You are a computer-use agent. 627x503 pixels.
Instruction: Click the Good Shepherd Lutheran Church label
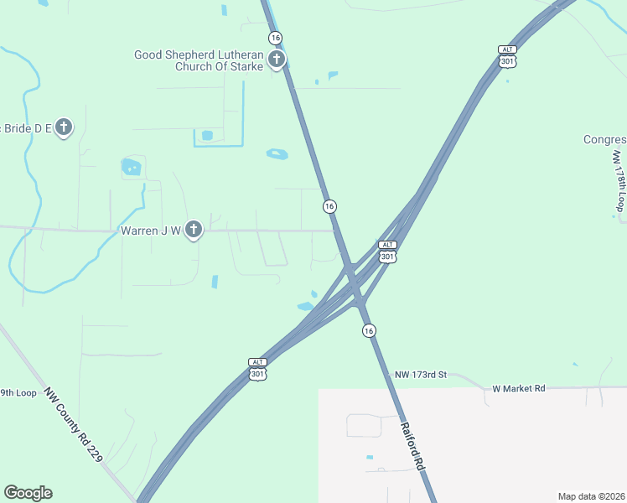tap(199, 60)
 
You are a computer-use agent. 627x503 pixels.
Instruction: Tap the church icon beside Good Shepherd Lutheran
tap(277, 60)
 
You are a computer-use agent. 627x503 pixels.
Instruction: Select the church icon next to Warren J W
tap(194, 230)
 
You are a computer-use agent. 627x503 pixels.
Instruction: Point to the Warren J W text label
tap(151, 231)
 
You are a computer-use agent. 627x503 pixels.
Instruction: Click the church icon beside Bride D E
tap(64, 127)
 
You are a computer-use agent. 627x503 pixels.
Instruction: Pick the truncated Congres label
tap(605, 139)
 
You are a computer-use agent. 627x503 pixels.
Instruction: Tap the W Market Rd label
tap(518, 388)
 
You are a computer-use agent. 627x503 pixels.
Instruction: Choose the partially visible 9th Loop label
tap(18, 392)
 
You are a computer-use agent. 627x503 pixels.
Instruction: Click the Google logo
tap(28, 493)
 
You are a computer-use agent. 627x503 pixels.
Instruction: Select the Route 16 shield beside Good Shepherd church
tap(275, 38)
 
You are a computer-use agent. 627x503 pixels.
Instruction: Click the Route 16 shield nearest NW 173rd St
tap(369, 331)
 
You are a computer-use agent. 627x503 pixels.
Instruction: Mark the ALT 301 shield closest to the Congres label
tap(506, 56)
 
